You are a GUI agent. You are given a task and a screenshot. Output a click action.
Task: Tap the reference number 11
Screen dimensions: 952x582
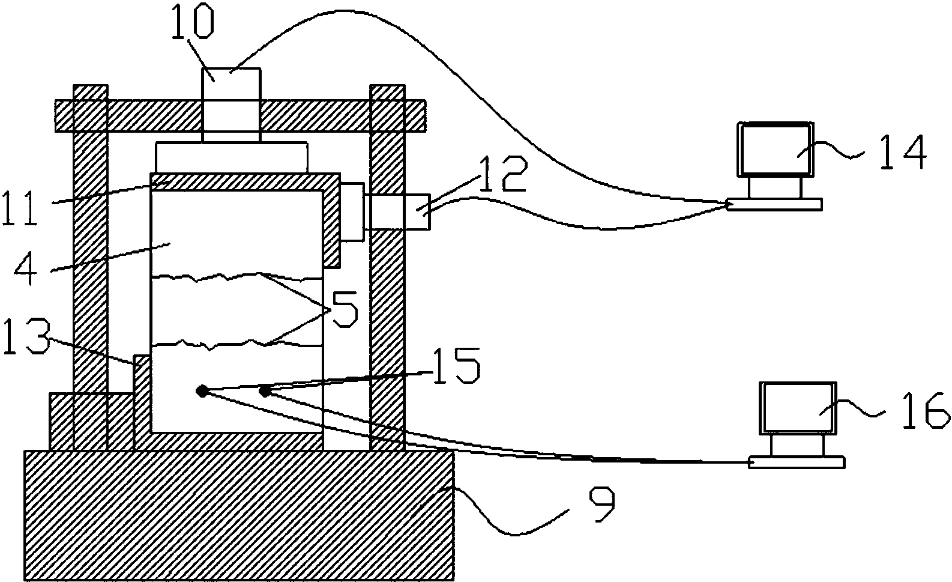[x=20, y=208]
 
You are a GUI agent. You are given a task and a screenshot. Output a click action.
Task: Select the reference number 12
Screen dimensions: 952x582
[x=504, y=174]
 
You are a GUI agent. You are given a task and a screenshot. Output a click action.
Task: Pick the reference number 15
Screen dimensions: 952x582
[x=457, y=366]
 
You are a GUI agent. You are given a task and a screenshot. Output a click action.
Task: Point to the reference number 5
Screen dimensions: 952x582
[x=345, y=309]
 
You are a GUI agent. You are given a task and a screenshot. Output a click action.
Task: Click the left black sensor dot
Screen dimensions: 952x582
[x=202, y=390]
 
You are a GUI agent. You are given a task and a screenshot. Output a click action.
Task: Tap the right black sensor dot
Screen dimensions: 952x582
[x=265, y=390]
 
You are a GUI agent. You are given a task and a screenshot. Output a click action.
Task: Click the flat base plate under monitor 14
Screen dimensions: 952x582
[x=774, y=204]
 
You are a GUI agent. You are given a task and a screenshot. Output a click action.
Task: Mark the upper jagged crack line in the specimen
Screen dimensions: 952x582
[x=236, y=277]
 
